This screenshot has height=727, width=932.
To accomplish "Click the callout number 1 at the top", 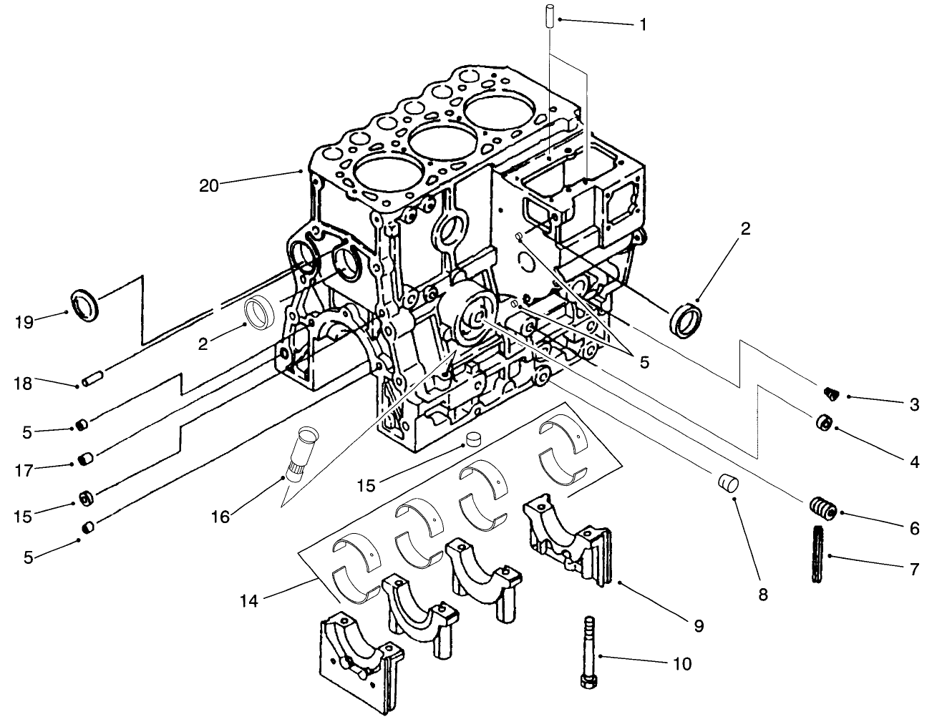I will pos(642,25).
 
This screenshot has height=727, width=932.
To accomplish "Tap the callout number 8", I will pos(762,593).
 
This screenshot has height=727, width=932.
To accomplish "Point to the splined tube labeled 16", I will pos(302,456).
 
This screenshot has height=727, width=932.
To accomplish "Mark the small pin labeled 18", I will pos(94,379).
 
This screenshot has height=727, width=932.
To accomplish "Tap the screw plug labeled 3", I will pos(830,392).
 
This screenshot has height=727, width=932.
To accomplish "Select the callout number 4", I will pos(914,462).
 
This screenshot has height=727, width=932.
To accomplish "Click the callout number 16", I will pos(220,516).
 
